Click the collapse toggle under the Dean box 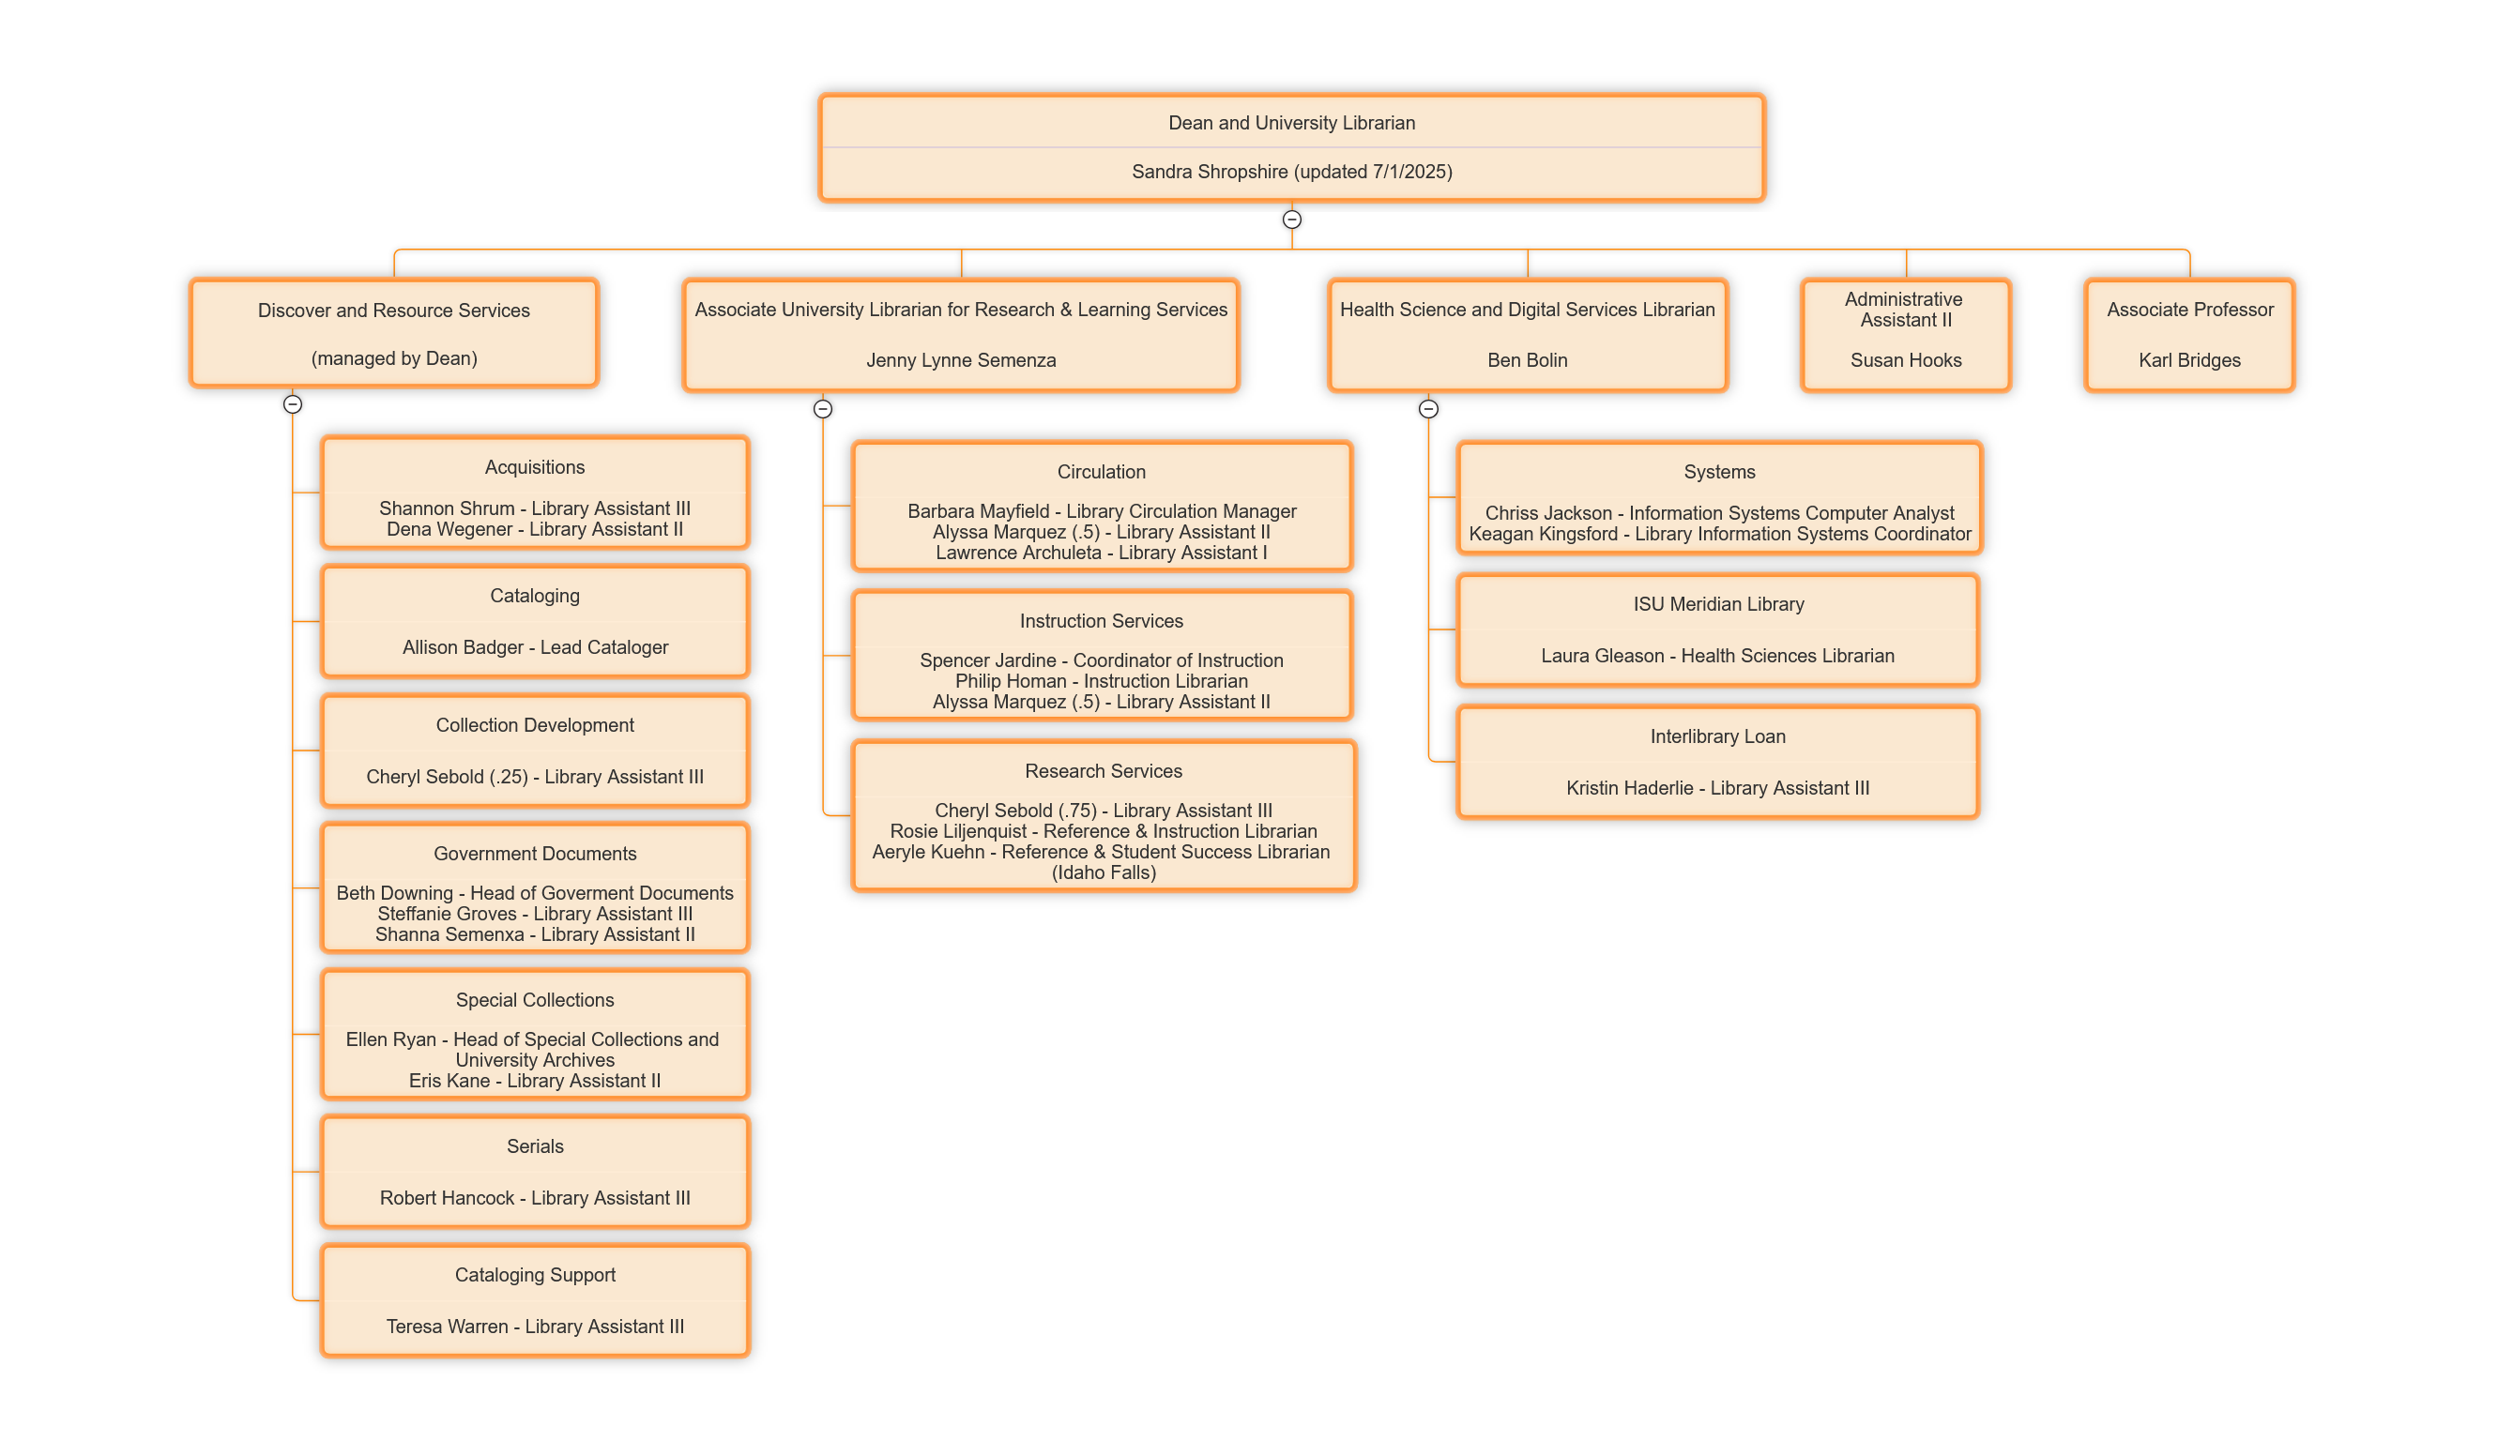pyautogui.click(x=1291, y=219)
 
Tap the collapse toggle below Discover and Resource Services pyautogui.click(x=293, y=404)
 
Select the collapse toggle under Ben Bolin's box pyautogui.click(x=1428, y=408)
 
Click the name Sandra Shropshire pyautogui.click(x=1209, y=172)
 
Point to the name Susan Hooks pyautogui.click(x=1905, y=360)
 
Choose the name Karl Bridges pyautogui.click(x=2188, y=360)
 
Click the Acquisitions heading pyautogui.click(x=534, y=467)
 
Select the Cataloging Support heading pyautogui.click(x=534, y=1275)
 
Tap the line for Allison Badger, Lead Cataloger pyautogui.click(x=534, y=647)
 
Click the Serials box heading pyautogui.click(x=534, y=1145)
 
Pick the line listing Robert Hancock pyautogui.click(x=534, y=1197)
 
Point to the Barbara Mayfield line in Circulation pyautogui.click(x=1102, y=511)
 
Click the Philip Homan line pyautogui.click(x=1102, y=681)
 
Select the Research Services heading pyautogui.click(x=1104, y=771)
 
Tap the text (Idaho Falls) pyautogui.click(x=1104, y=872)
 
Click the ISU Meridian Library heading pyautogui.click(x=1718, y=603)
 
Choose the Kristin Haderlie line pyautogui.click(x=1718, y=788)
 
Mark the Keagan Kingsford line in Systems pyautogui.click(x=1720, y=534)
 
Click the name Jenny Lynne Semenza pyautogui.click(x=961, y=360)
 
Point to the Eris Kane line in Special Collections pyautogui.click(x=534, y=1081)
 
